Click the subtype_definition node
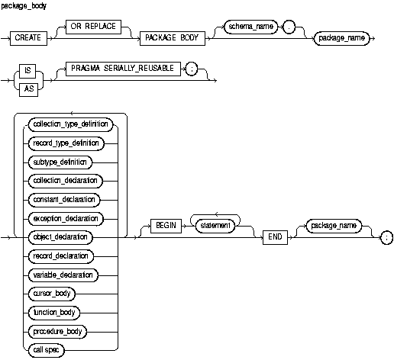(x=69, y=161)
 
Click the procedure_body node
(x=69, y=331)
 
